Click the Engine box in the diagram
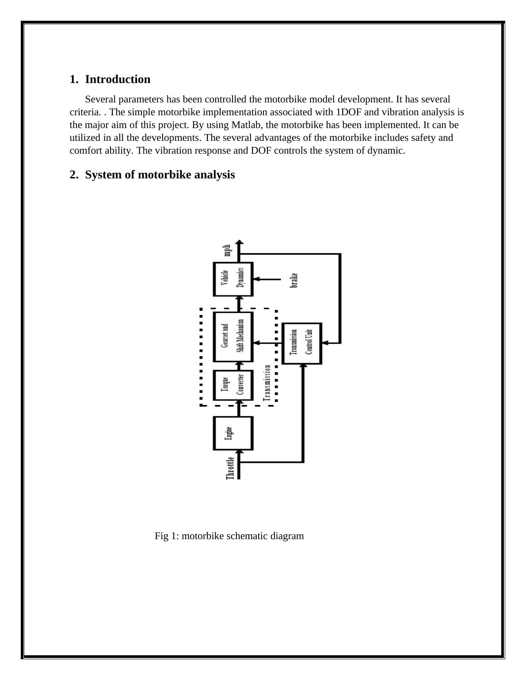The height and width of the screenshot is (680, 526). point(233,433)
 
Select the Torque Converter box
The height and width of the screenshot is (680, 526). point(233,385)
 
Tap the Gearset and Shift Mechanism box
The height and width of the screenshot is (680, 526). point(233,336)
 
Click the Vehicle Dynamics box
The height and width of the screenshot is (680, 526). point(233,279)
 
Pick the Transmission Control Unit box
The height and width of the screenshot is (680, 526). point(302,343)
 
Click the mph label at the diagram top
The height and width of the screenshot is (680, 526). point(227,250)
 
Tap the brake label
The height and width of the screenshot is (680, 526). point(294,280)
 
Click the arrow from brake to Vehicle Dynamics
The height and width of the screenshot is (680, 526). point(267,279)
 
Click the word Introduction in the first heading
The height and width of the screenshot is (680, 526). point(118,79)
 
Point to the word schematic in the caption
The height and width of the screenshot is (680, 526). point(248,536)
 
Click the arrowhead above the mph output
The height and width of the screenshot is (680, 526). point(239,242)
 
